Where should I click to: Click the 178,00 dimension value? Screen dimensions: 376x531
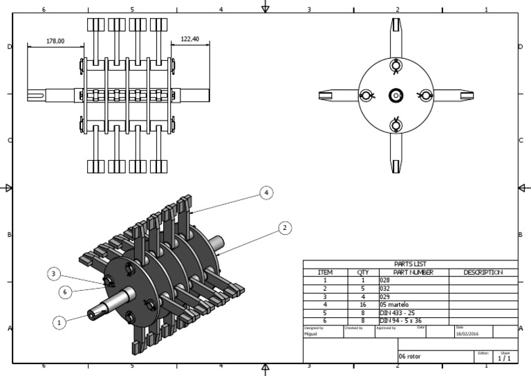point(55,42)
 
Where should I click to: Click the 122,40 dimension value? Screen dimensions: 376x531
point(189,39)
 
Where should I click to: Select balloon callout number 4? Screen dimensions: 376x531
point(265,193)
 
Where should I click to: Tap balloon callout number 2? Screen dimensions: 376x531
point(284,227)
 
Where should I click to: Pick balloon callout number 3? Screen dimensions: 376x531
point(54,274)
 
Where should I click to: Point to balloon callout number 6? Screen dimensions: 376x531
point(65,292)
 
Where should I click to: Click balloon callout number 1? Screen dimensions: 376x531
point(59,322)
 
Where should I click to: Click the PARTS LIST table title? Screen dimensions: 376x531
point(410,264)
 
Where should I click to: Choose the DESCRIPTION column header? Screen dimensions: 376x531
point(483,273)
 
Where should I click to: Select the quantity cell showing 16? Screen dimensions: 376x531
point(362,305)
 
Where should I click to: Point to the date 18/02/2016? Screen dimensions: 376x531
point(467,334)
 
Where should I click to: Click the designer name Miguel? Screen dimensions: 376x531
point(311,334)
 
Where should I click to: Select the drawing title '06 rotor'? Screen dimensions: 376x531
point(409,357)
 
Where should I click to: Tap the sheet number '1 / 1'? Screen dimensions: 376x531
point(505,358)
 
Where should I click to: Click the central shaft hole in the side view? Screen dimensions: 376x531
point(395,96)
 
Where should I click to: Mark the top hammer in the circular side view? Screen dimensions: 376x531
point(395,38)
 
